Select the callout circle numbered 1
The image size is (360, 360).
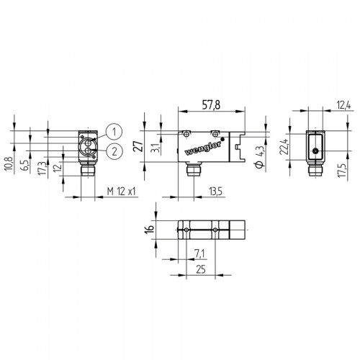click(x=113, y=130)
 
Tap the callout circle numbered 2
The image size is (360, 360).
click(x=113, y=150)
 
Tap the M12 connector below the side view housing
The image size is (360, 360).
click(x=192, y=173)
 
